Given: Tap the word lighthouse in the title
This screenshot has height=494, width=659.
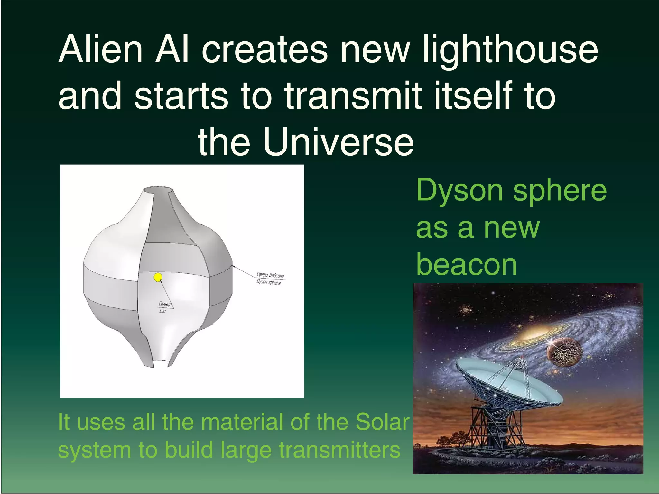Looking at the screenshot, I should pos(510,50).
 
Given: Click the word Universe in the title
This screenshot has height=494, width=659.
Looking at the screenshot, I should pos(338,142).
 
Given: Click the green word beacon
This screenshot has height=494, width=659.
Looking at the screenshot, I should pos(467,265).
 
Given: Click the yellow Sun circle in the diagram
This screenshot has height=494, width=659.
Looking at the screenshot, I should pos(158,277).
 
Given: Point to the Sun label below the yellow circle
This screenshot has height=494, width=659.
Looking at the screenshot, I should pos(162,311).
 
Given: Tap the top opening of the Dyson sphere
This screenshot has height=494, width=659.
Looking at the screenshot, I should pos(158,189).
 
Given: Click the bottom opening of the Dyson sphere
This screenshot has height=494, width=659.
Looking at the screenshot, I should pos(160,363).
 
